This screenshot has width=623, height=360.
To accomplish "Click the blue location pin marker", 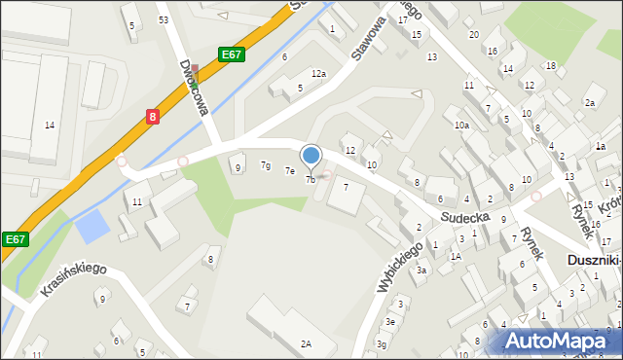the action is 311,156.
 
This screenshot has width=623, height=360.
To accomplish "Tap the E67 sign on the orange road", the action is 231,54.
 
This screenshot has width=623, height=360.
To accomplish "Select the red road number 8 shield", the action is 152,116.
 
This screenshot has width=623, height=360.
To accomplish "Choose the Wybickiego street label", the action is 408,262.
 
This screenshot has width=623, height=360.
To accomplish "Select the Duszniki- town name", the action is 595,261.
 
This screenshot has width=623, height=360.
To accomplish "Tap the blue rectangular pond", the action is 92,227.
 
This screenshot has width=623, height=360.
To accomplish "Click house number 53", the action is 164,19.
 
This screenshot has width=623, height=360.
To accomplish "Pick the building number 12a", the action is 318,74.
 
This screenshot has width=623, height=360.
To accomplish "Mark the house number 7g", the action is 266,165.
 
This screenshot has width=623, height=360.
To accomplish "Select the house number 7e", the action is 289,171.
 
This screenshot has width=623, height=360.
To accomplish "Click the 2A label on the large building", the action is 306,343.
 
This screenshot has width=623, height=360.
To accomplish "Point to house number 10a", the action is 461,125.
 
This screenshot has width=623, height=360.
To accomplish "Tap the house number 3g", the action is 383,343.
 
